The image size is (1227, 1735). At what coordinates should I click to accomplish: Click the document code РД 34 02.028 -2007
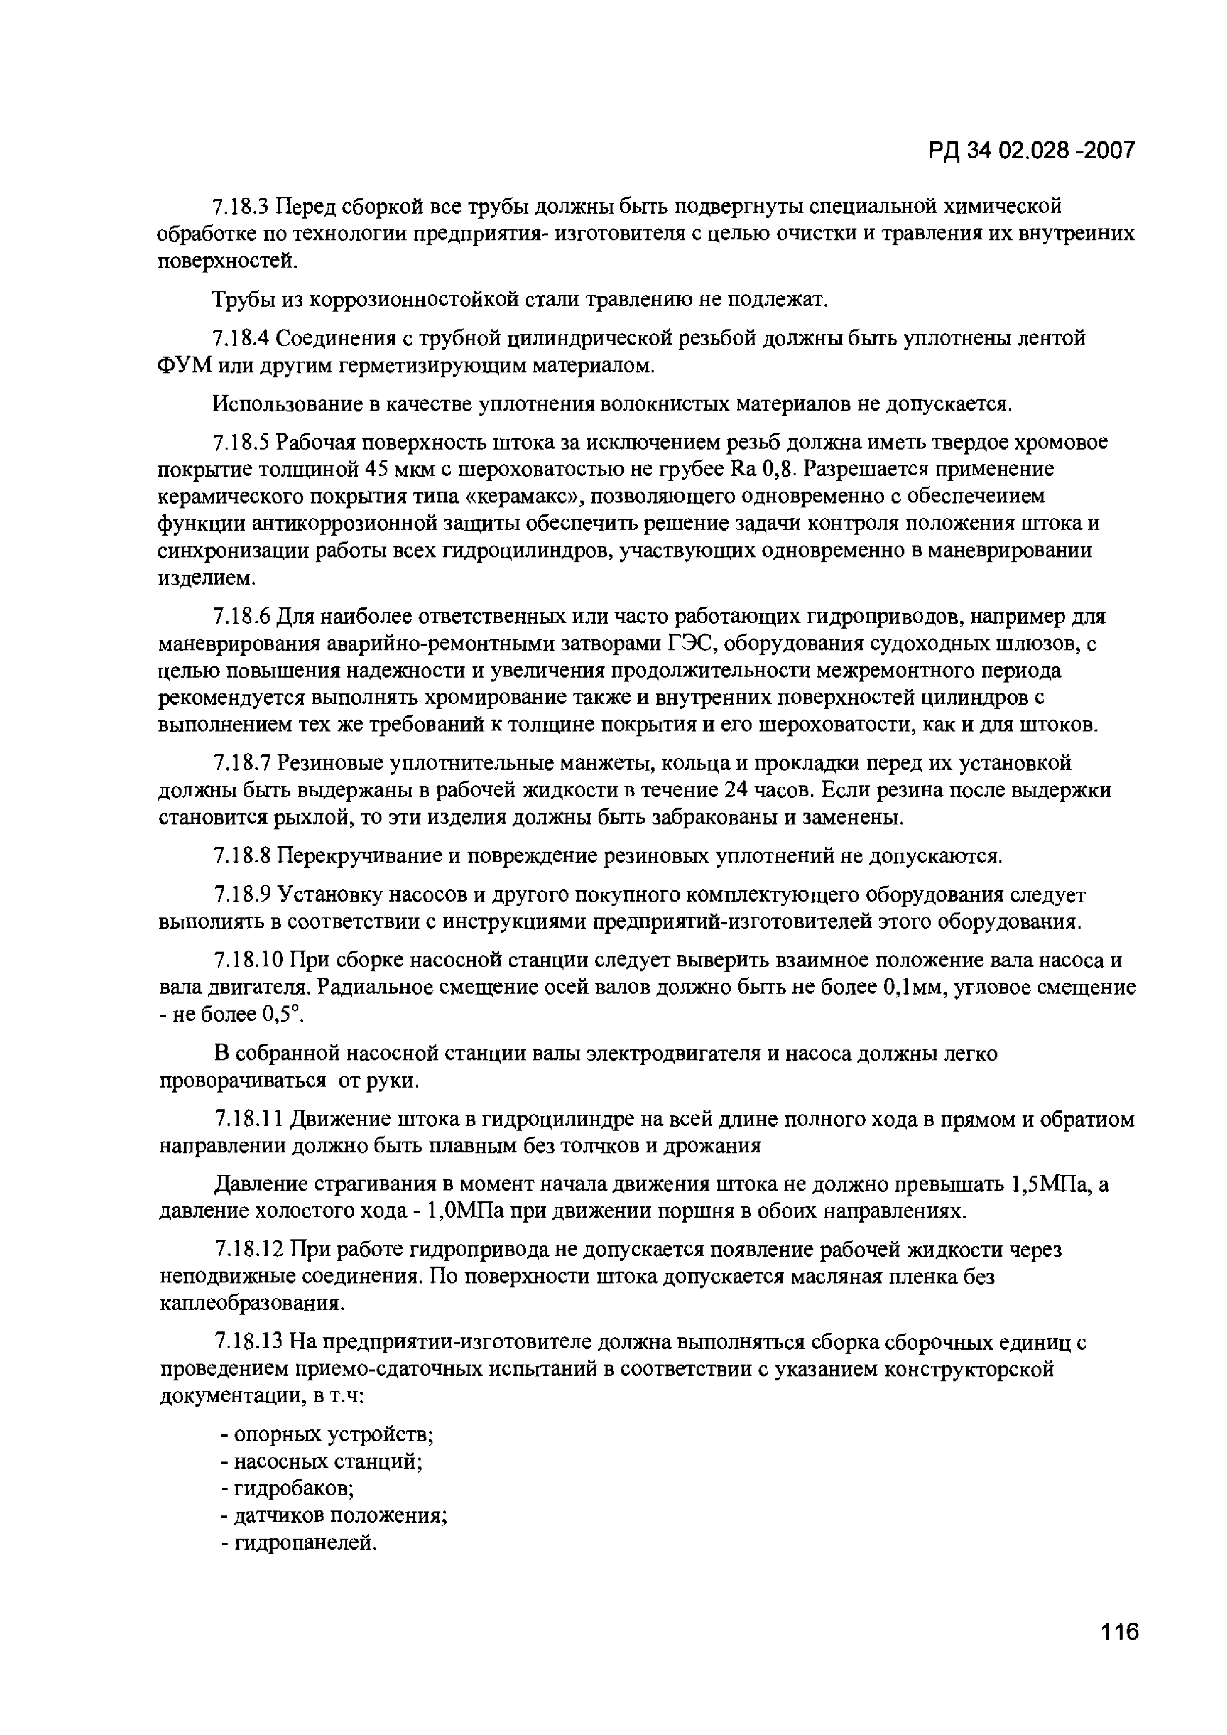click(1032, 151)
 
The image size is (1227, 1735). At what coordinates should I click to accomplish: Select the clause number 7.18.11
click(247, 1119)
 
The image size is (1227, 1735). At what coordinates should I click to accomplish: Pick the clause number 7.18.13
click(247, 1343)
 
